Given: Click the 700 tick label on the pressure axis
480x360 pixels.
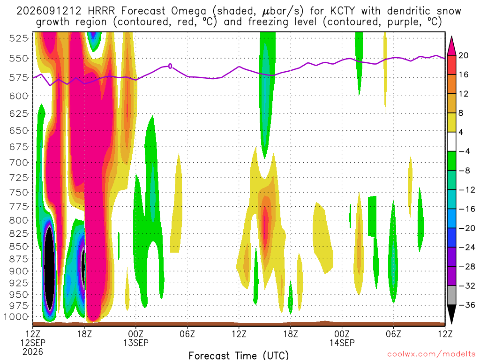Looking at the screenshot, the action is click(x=19, y=163).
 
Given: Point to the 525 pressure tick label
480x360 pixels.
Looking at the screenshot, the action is click(x=19, y=38).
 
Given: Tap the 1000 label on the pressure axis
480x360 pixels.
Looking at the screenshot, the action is click(x=16, y=317).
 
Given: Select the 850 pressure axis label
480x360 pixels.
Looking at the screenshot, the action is click(x=19, y=247).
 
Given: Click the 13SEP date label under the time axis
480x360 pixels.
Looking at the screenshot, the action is click(x=136, y=343).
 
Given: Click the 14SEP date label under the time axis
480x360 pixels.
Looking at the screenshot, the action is click(x=342, y=343).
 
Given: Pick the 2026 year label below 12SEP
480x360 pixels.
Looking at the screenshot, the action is click(x=33, y=352).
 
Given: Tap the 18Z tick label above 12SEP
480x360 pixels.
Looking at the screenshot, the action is click(x=84, y=334).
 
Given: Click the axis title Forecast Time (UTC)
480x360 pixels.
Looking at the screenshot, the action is click(x=239, y=355).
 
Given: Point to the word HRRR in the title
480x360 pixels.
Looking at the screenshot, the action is click(x=101, y=11).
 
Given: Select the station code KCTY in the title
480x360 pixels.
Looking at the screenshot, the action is click(x=343, y=11).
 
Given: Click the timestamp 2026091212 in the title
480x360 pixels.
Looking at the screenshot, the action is click(x=49, y=11).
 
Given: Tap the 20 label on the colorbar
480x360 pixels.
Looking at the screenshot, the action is click(x=463, y=55).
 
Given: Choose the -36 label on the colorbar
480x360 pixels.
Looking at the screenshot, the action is click(x=467, y=305).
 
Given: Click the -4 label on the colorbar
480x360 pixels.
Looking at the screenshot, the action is click(x=464, y=151).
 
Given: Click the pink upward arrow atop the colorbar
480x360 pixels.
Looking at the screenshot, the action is click(x=451, y=46).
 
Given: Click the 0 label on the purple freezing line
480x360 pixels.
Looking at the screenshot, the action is click(x=170, y=66).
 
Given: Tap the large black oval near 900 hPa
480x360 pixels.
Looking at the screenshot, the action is click(x=50, y=268).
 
